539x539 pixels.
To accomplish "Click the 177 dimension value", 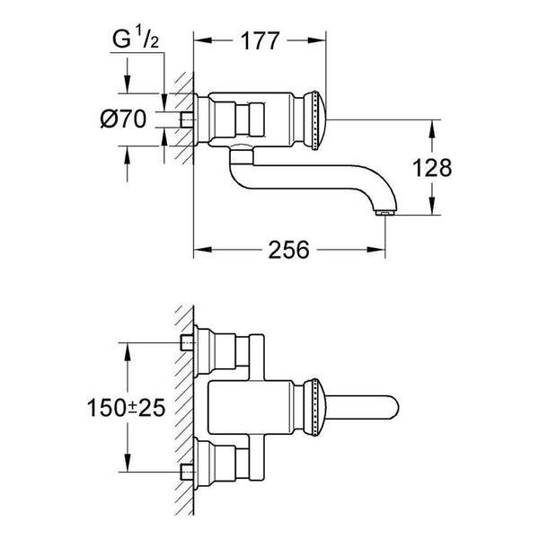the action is click(260, 41).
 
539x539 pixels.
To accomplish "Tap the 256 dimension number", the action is click(288, 250).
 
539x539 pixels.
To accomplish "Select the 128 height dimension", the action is click(432, 168).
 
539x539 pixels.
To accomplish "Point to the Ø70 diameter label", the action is click(123, 119).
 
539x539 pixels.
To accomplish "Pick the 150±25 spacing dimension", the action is click(126, 408).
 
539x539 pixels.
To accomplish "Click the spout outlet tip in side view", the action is click(385, 214).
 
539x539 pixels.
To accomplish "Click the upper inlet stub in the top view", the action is click(187, 343).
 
